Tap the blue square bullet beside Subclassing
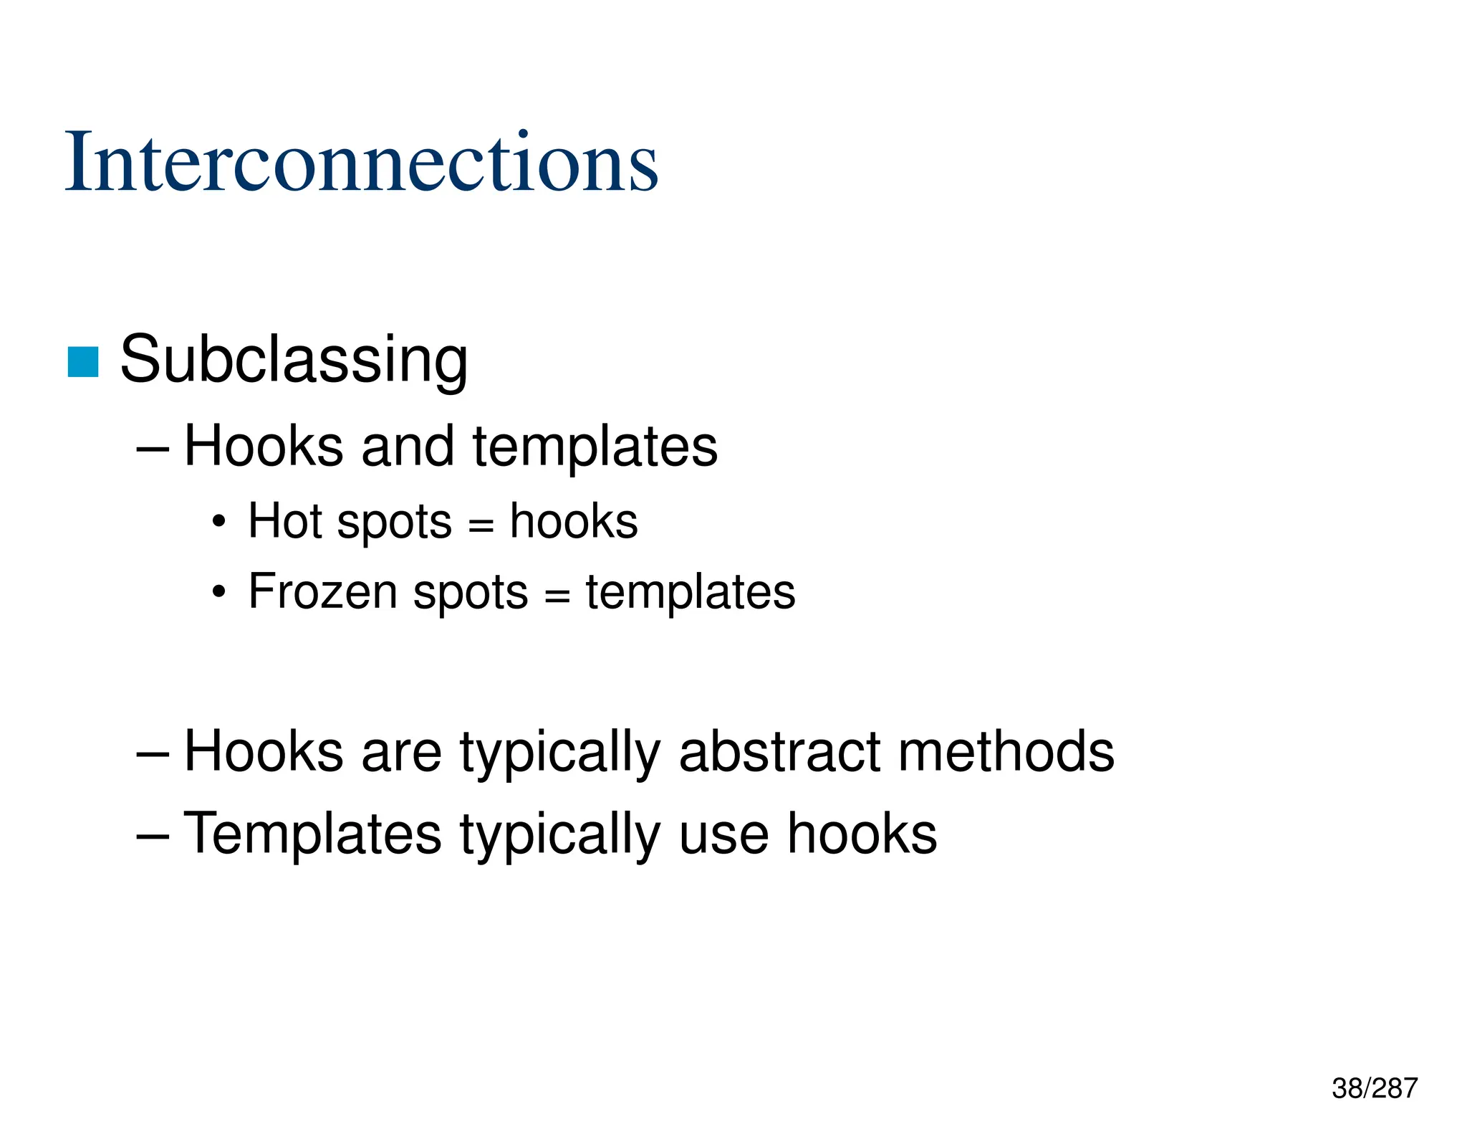pyautogui.click(x=83, y=361)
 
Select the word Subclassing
pyautogui.click(x=294, y=360)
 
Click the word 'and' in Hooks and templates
pyautogui.click(x=407, y=446)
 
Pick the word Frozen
pyautogui.click(x=322, y=592)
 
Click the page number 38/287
pyautogui.click(x=1374, y=1088)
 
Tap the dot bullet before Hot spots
pyautogui.click(x=219, y=522)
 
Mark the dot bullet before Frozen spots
pyautogui.click(x=219, y=593)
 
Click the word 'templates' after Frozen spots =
pyautogui.click(x=691, y=592)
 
